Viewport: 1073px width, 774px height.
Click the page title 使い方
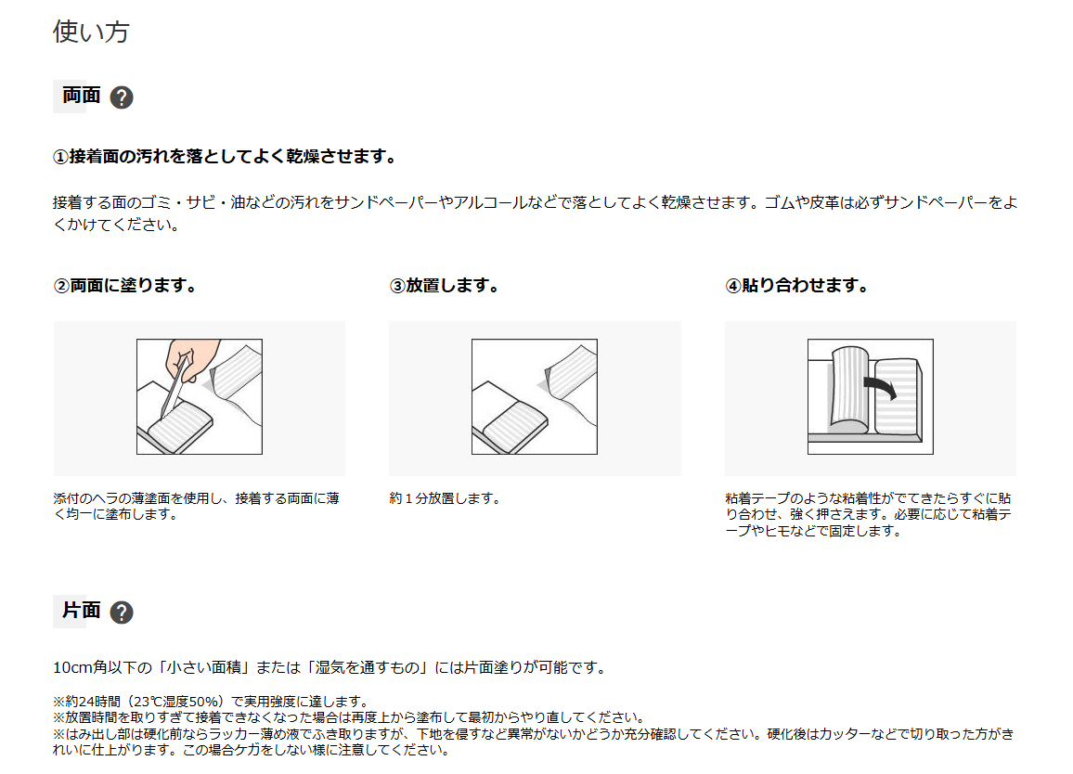click(x=91, y=32)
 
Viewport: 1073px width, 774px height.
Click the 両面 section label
click(x=82, y=95)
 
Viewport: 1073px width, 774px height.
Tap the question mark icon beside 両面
click(x=122, y=97)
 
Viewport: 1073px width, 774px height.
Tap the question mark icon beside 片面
click(x=122, y=612)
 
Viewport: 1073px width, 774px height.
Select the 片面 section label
click(x=82, y=610)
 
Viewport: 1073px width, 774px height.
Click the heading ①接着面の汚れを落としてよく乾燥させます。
click(x=225, y=157)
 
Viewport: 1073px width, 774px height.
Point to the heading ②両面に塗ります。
click(x=124, y=285)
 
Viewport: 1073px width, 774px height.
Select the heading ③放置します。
click(x=444, y=285)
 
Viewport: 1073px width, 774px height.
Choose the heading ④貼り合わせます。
click(x=796, y=285)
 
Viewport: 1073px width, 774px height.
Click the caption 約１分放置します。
click(x=445, y=498)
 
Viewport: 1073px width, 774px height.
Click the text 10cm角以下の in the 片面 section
click(x=103, y=667)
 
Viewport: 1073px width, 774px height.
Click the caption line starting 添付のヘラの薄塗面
click(x=197, y=498)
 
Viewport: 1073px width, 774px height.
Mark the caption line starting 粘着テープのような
click(x=869, y=498)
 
